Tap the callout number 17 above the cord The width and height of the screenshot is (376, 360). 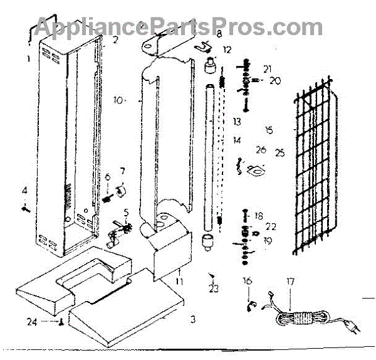tap(290, 282)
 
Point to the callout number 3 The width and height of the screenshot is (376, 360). tap(193, 319)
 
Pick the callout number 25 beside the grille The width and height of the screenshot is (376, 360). tap(279, 152)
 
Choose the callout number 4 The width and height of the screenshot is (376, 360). tap(24, 190)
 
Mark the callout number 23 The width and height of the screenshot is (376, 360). tap(214, 289)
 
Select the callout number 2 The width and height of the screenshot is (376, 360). tap(115, 40)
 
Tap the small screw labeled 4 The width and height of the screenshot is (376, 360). tap(25, 208)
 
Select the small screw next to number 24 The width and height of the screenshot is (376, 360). tap(61, 324)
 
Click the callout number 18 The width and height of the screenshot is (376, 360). tap(259, 214)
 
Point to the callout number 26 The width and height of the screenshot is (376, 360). tap(261, 151)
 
